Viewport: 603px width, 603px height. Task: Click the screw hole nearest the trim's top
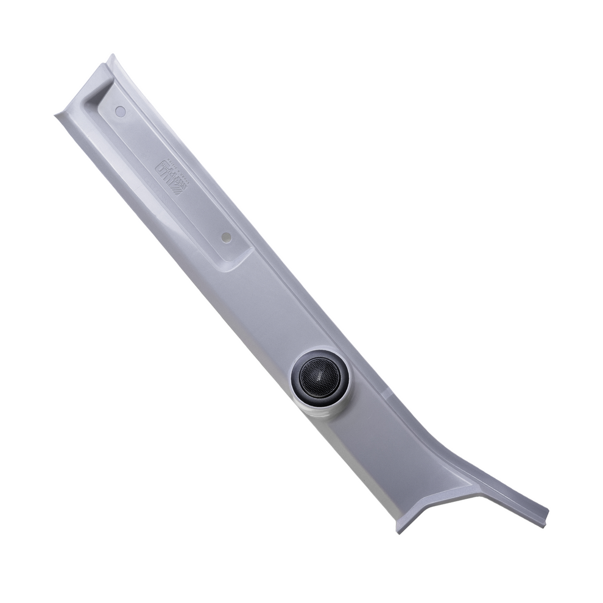pyautogui.click(x=121, y=111)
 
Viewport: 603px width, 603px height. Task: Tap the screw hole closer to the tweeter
pyautogui.click(x=226, y=237)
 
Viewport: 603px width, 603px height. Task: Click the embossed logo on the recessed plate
pyautogui.click(x=170, y=176)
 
